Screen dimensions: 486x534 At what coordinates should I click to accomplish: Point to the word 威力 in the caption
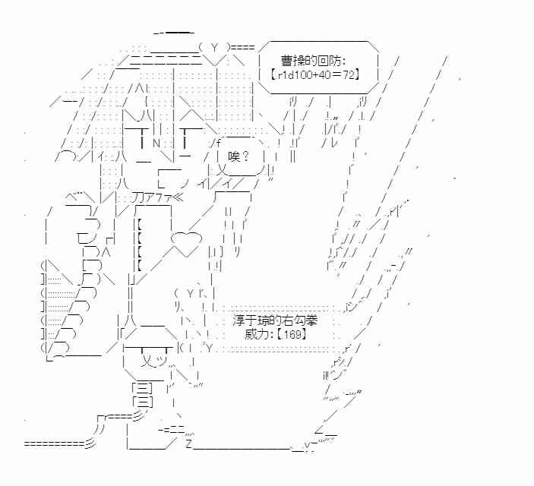258,334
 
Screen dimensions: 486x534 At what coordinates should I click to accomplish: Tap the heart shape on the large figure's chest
185,242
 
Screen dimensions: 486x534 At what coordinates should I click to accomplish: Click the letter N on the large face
155,142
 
